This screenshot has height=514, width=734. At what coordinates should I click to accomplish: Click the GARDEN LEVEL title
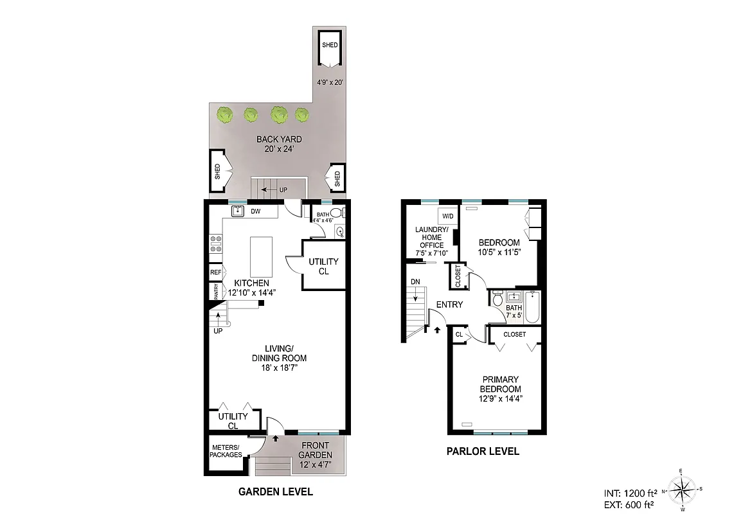[275, 492]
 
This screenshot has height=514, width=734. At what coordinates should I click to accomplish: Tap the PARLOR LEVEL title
[483, 451]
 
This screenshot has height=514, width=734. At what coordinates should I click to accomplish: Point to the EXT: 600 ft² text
[630, 504]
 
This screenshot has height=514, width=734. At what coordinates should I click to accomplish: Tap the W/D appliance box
[447, 217]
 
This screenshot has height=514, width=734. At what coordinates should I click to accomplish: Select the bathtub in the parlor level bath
[532, 307]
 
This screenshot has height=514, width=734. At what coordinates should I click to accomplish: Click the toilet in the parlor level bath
[497, 299]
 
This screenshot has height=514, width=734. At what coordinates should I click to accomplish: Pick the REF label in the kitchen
[215, 272]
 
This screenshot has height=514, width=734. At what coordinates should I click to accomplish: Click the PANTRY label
[215, 292]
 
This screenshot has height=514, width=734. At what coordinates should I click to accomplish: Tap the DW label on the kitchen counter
[255, 211]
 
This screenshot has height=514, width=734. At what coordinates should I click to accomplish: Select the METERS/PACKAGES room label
[226, 451]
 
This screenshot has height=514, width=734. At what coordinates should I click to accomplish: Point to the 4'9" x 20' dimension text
[330, 82]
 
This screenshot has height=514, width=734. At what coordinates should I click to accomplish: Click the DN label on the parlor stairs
[415, 282]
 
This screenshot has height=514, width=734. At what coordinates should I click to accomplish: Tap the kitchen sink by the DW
[237, 210]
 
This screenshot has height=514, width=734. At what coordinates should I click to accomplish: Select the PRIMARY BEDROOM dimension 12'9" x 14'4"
[501, 398]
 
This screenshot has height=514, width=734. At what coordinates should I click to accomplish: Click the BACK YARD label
[279, 143]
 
